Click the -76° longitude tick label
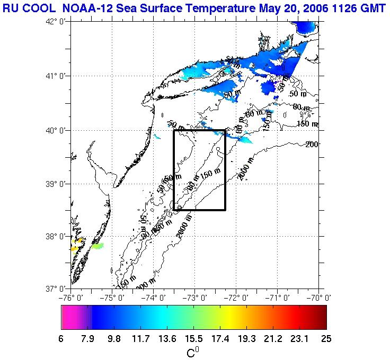click(72, 297)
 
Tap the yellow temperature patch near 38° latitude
click(77, 244)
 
